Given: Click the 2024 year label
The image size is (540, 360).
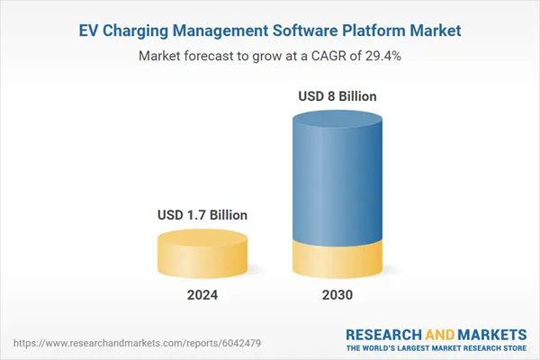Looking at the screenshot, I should pos(202,294).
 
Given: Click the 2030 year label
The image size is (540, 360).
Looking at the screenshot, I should pos(337,294).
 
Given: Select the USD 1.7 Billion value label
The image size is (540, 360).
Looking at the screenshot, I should pos(202,215).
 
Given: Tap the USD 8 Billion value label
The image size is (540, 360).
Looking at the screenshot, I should pos(337,95).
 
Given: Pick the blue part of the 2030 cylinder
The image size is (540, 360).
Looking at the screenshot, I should pos(337,180).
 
